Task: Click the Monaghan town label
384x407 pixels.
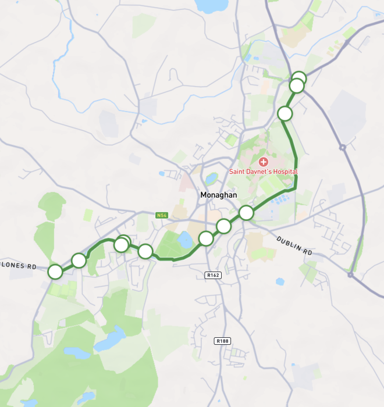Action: [218, 195]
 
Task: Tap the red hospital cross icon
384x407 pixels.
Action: [263, 162]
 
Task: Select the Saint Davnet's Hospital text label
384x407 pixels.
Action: [263, 172]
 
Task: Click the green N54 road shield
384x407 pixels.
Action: [162, 215]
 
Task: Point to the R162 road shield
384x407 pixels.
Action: [214, 274]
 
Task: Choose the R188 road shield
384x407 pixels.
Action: [222, 341]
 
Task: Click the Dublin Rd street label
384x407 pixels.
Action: [294, 246]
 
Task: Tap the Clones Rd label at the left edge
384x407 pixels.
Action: [17, 264]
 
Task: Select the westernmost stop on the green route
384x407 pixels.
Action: [55, 272]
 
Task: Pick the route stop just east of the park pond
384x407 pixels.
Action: [206, 238]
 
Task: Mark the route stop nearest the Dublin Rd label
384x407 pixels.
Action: [247, 213]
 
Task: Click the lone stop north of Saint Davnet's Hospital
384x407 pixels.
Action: [285, 113]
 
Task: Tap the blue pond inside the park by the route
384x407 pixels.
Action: [186, 239]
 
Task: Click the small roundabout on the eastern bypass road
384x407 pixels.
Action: [343, 148]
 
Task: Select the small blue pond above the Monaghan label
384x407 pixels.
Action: [211, 178]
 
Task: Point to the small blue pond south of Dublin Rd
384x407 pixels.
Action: [280, 282]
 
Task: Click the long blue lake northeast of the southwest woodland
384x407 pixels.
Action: [111, 338]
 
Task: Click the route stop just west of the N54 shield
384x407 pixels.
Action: [145, 251]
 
